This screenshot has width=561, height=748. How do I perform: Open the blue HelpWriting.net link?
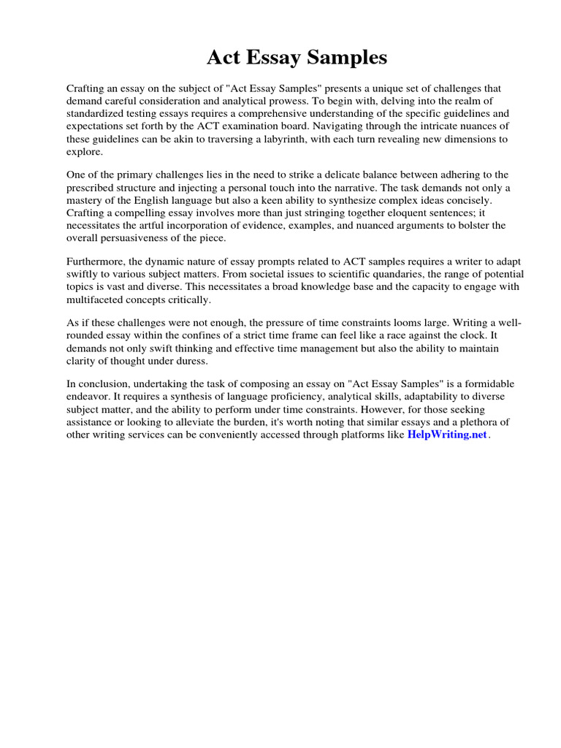point(446,435)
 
